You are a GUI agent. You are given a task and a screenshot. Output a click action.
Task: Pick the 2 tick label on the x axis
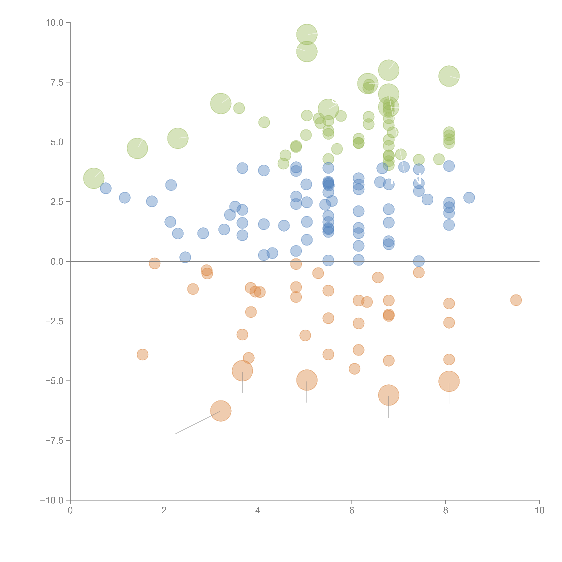pos(164,511)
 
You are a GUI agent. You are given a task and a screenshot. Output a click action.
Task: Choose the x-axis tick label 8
pos(446,511)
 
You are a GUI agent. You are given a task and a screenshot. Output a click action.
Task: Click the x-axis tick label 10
pos(539,511)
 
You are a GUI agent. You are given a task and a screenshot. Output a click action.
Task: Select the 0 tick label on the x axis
pos(70,511)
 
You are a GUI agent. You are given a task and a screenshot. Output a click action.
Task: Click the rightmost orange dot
pos(516,300)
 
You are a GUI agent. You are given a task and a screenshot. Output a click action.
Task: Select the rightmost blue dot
pos(469,197)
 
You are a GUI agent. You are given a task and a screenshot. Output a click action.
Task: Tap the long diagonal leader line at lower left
pos(197,422)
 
